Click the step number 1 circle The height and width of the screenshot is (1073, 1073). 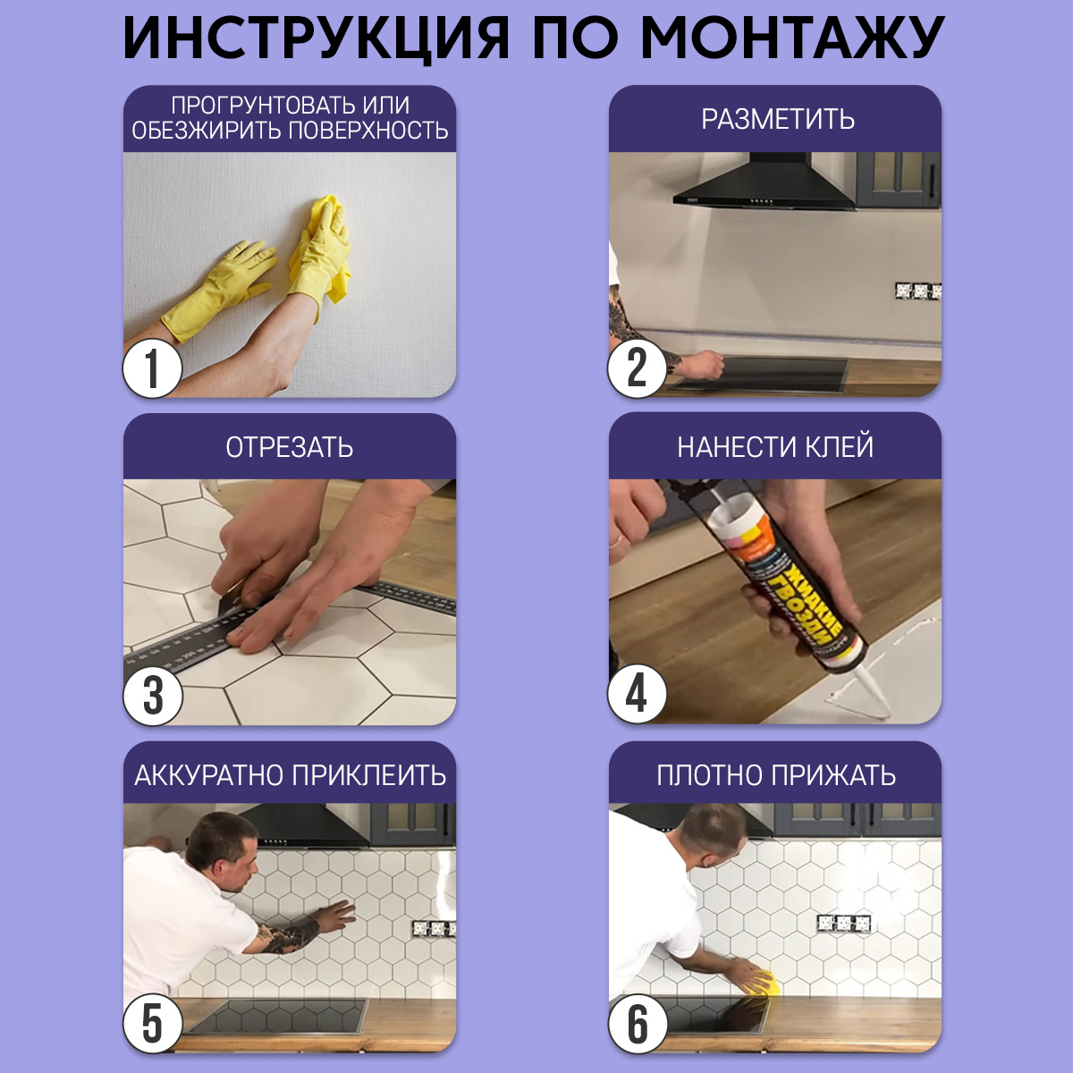coord(152,368)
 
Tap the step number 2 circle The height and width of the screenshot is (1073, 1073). coord(637,368)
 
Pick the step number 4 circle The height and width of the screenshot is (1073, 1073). coord(637,694)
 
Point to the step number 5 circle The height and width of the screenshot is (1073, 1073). coord(153,1024)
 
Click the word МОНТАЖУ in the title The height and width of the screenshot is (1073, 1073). coord(792,38)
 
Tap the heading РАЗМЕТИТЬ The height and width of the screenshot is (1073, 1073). coord(777,119)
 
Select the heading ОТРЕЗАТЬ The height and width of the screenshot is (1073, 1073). coord(289,447)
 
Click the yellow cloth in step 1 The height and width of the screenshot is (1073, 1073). coord(326,241)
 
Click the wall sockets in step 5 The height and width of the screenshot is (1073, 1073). coord(434,928)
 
